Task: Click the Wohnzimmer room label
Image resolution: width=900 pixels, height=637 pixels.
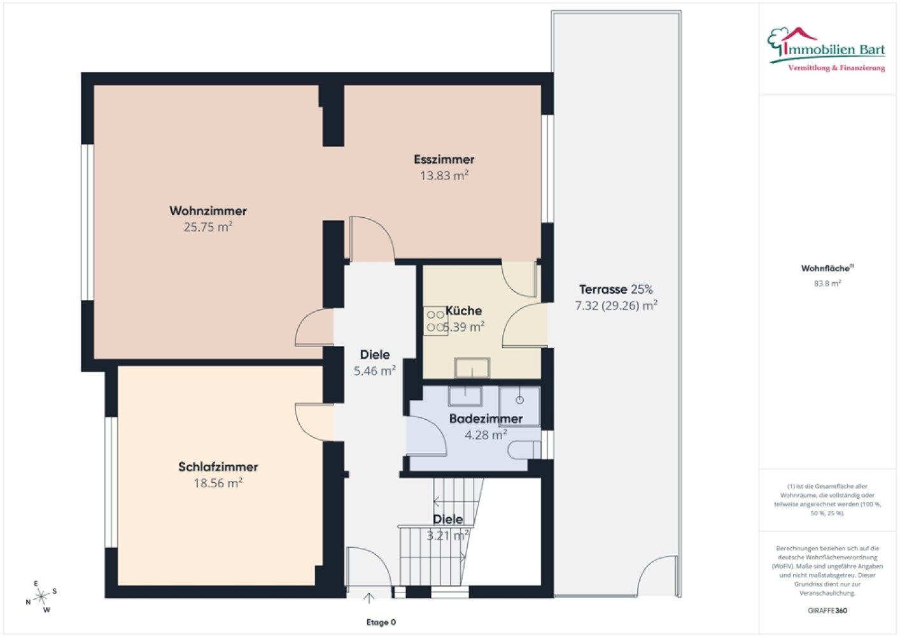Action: [x=208, y=211]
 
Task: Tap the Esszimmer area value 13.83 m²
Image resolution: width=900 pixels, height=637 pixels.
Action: [x=444, y=176]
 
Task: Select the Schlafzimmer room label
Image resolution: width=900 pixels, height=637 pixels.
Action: [x=218, y=467]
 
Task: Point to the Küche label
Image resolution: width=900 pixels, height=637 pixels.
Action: [x=463, y=311]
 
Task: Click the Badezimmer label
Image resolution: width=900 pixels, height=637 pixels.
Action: [x=486, y=419]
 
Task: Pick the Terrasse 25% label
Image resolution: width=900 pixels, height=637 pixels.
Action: [x=615, y=289]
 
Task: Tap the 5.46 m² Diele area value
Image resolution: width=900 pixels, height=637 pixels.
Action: [x=375, y=371]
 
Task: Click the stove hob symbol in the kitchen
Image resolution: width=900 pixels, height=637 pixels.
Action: [x=435, y=321]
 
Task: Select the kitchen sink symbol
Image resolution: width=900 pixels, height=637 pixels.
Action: [x=472, y=368]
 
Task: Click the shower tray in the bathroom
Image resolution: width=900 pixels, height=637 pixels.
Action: [x=519, y=406]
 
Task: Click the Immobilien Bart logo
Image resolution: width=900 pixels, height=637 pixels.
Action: [x=827, y=50]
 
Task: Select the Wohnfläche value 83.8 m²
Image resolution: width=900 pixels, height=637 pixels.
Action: [x=827, y=283]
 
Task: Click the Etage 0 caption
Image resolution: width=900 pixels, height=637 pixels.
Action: [x=381, y=622]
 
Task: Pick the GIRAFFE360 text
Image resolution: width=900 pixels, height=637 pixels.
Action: [x=827, y=611]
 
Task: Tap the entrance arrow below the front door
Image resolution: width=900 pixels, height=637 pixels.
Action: [x=369, y=598]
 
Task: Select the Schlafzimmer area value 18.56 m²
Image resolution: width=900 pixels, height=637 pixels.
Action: [x=218, y=483]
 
